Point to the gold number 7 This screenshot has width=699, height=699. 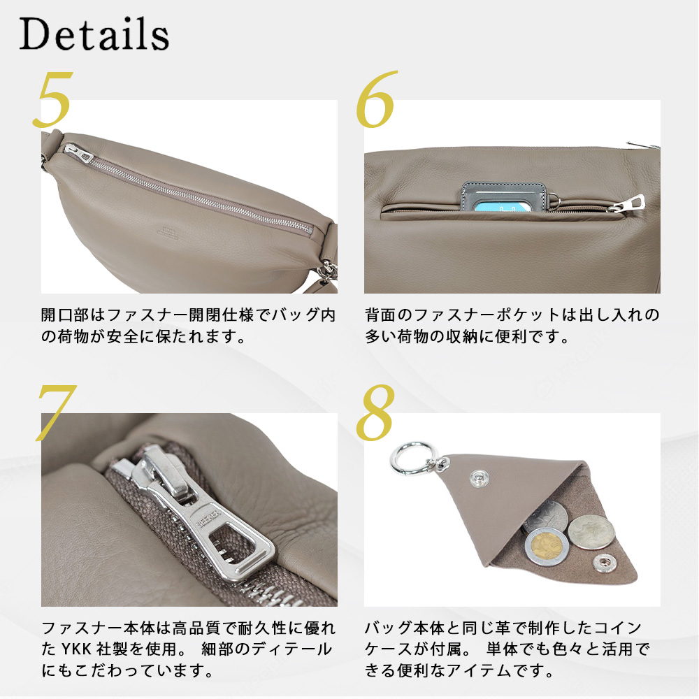point(56,412)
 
